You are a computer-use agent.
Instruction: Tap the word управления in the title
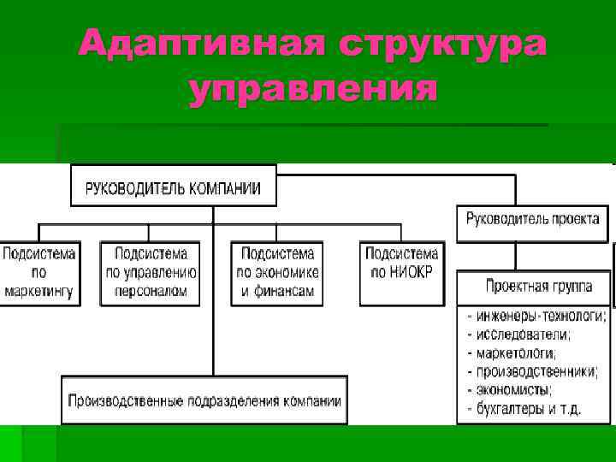312,89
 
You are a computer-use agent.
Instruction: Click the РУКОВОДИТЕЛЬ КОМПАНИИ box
173,187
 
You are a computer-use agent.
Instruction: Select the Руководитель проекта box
532,219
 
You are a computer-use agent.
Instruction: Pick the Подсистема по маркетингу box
38,273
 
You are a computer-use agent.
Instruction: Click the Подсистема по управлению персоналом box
151,273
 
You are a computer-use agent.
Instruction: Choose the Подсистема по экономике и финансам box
277,273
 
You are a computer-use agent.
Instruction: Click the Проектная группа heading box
537,287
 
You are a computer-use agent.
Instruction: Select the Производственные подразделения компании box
204,400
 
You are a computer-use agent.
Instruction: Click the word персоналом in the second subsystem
151,291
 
